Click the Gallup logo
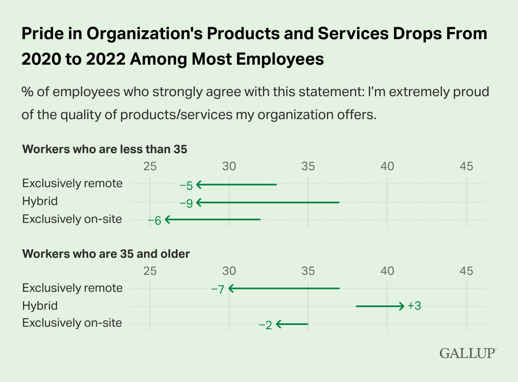pos(468,353)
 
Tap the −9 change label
pos(186,203)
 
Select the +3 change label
pos(414,306)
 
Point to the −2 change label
pos(265,325)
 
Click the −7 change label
pos(217,289)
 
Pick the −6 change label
pos(155,220)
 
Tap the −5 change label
pos(186,185)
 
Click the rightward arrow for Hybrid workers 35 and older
pos(380,306)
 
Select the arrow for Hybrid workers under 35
pos(268,202)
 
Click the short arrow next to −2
pos(292,324)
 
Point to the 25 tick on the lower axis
pos(150,271)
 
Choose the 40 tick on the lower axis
pos(387,271)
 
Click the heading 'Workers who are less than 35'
pos(104,149)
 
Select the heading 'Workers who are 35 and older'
pos(106,254)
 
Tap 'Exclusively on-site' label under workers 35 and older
pos(72,323)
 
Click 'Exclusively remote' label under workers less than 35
pos(72,183)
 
